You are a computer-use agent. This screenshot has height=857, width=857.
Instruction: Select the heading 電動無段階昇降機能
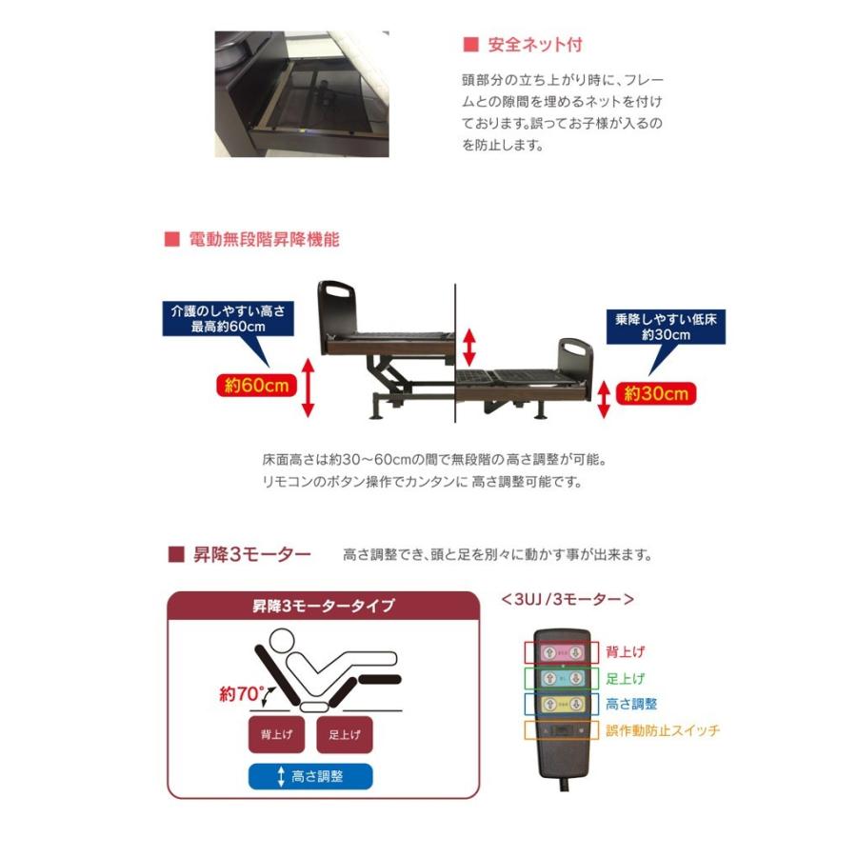coord(252,240)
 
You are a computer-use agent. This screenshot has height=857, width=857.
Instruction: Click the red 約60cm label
coord(251,386)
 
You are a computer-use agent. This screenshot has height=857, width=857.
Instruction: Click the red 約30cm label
coord(656,392)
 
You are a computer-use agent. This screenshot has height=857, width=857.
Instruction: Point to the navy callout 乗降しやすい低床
coord(665,329)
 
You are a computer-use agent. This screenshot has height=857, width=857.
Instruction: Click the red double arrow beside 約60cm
coord(308,387)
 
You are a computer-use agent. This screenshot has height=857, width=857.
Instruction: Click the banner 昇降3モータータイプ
coord(323,606)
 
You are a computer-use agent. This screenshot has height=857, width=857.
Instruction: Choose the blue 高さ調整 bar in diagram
coord(310,776)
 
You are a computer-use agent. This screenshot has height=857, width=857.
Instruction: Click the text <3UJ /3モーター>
coord(567,599)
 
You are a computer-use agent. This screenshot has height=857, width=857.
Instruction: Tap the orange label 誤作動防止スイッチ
coord(663,730)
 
